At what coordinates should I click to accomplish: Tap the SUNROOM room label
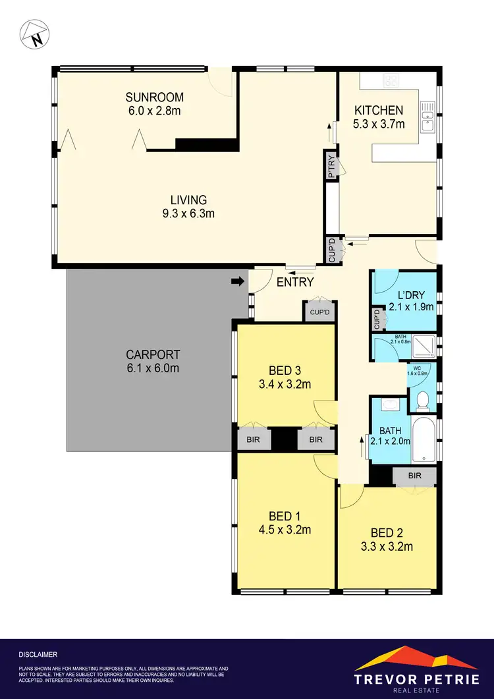pyautogui.click(x=153, y=98)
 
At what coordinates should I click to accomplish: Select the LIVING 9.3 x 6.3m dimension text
pyautogui.click(x=189, y=213)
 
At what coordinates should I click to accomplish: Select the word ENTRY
pyautogui.click(x=294, y=283)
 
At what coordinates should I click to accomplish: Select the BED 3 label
pyautogui.click(x=286, y=370)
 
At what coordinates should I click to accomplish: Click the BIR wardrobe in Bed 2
pyautogui.click(x=414, y=476)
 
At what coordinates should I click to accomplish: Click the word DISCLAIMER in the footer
pyautogui.click(x=39, y=655)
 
